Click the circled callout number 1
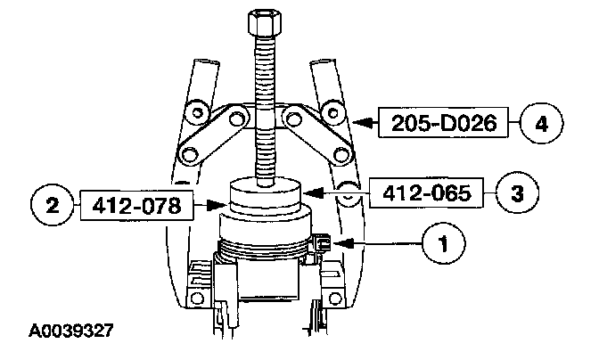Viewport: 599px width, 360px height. [x=444, y=243]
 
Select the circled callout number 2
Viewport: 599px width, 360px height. [x=52, y=205]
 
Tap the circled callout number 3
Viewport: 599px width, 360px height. [x=517, y=192]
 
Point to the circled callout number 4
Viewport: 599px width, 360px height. [x=542, y=124]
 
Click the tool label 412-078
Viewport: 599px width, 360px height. [x=136, y=206]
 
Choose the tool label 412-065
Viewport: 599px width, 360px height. [x=426, y=193]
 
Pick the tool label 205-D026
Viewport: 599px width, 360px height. [x=444, y=123]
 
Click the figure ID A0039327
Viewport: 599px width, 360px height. [x=71, y=331]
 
